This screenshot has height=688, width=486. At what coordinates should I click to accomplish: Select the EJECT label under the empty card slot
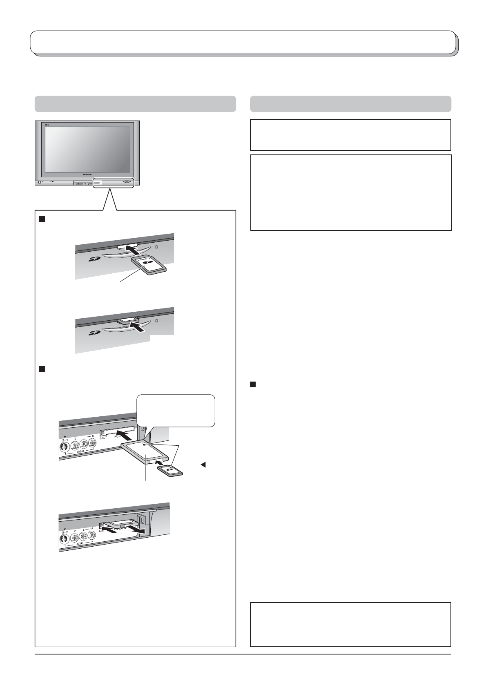click(x=103, y=438)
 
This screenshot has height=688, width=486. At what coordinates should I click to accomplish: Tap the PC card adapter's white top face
click(x=149, y=455)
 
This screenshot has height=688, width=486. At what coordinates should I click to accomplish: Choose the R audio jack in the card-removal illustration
click(x=93, y=535)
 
